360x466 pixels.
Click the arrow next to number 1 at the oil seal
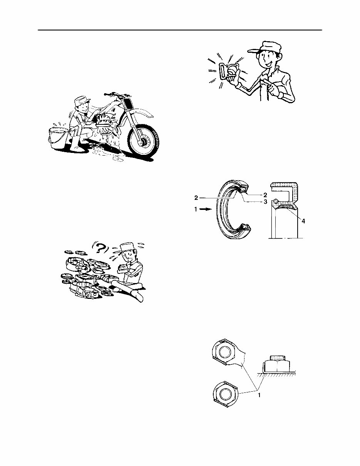207,210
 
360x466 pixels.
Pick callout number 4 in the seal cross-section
303,221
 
